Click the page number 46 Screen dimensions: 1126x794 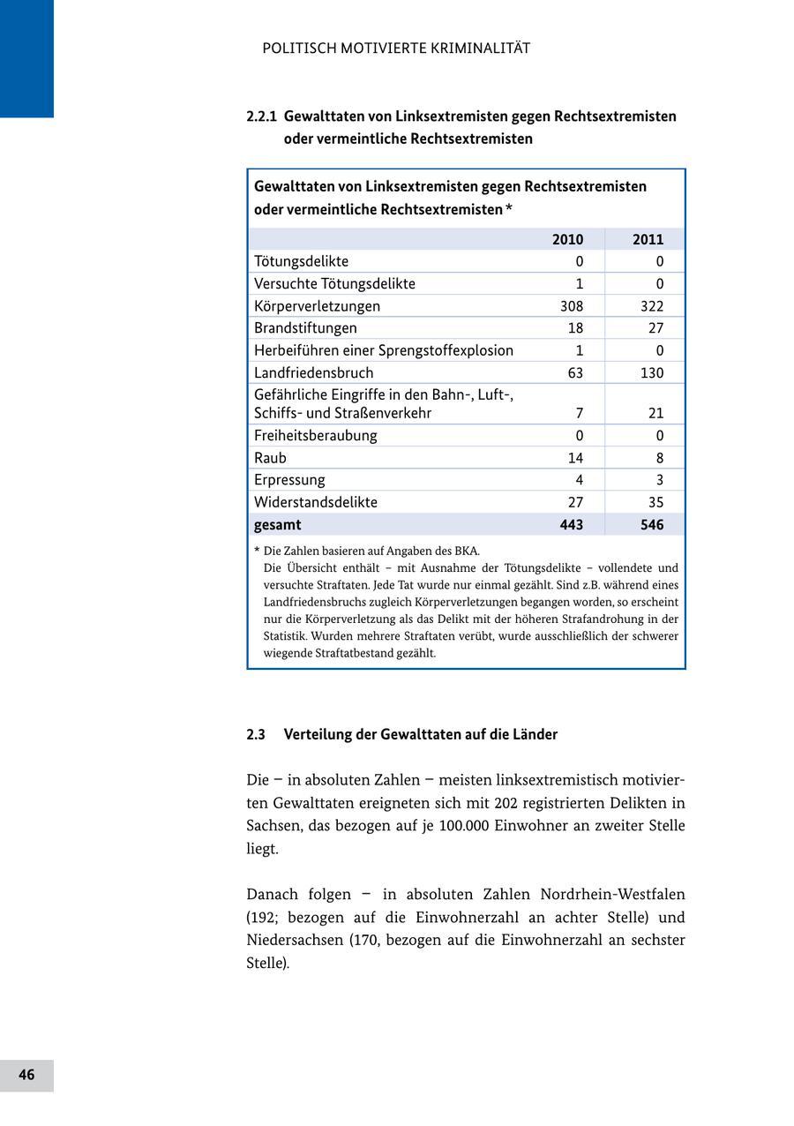click(26, 1075)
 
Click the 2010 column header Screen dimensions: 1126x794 click(567, 239)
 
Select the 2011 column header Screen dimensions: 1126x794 click(648, 239)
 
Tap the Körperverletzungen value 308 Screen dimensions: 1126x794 click(572, 306)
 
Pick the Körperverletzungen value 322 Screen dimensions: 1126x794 click(651, 306)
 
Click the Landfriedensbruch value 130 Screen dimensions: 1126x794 click(651, 373)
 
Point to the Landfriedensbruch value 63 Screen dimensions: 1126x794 click(575, 373)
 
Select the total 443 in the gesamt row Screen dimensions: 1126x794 click(569, 525)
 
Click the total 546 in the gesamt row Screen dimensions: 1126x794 click(649, 525)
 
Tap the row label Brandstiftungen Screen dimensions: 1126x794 click(305, 328)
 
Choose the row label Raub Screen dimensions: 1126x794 click(270, 458)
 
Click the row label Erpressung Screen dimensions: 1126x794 click(289, 480)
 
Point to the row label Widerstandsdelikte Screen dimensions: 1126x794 click(315, 502)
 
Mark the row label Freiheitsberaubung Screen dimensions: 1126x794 click(315, 436)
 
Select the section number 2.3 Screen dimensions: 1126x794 click(256, 735)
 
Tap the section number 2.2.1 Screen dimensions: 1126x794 click(262, 116)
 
